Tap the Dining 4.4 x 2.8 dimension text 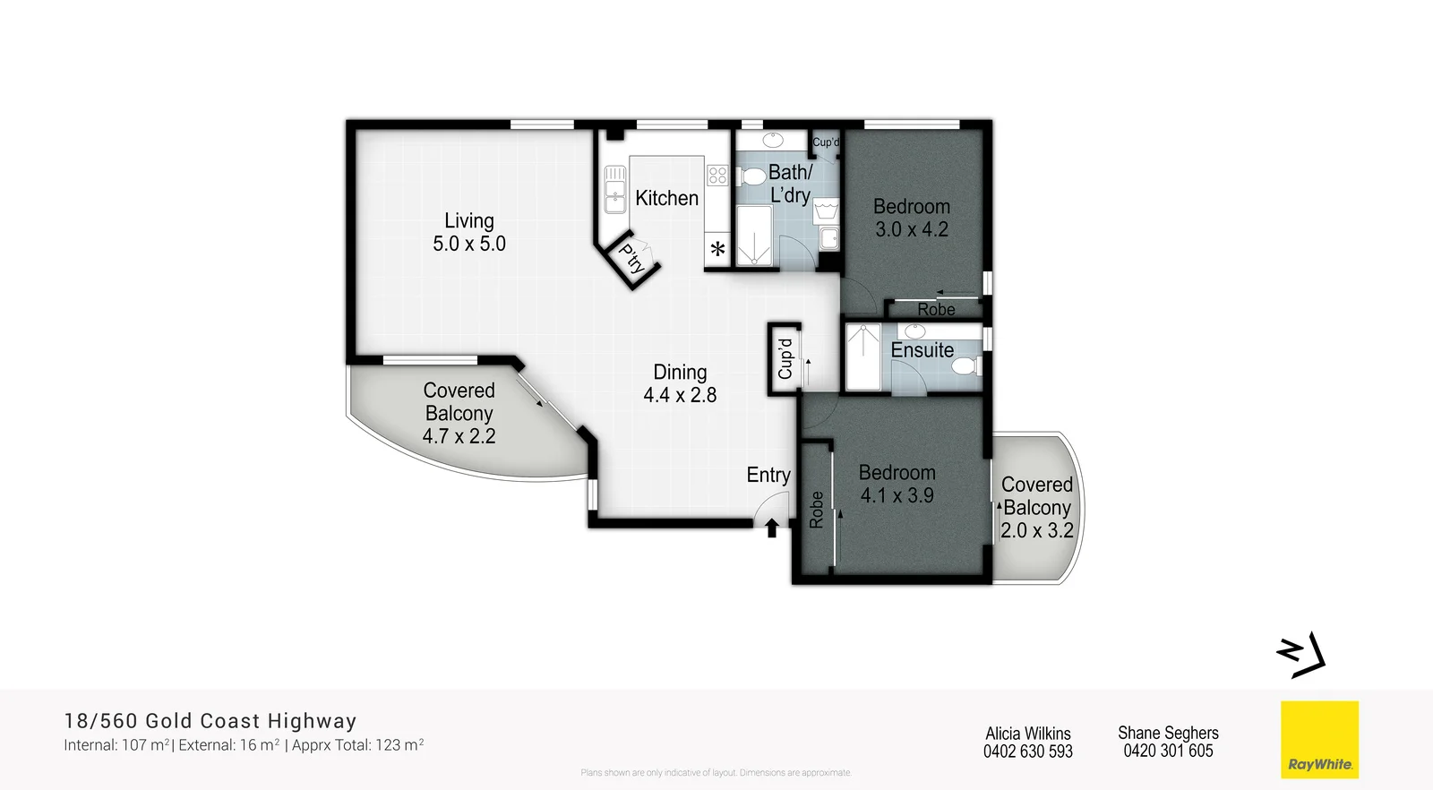(x=680, y=395)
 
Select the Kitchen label (x=666, y=198)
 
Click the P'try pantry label (x=632, y=259)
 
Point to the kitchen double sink (x=614, y=189)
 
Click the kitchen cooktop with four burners (x=717, y=175)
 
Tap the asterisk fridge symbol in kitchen (x=717, y=250)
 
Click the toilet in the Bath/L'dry (x=752, y=175)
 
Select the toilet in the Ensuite (x=964, y=365)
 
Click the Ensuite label (x=922, y=350)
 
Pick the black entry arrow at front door (x=772, y=528)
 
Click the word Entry (x=768, y=475)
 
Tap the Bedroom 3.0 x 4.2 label (x=912, y=218)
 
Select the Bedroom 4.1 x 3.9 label (x=897, y=484)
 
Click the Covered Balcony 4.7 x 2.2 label (x=459, y=413)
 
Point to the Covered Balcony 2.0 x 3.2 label (x=1036, y=507)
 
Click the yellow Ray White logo (x=1319, y=740)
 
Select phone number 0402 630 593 (x=1027, y=751)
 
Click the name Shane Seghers (x=1168, y=733)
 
